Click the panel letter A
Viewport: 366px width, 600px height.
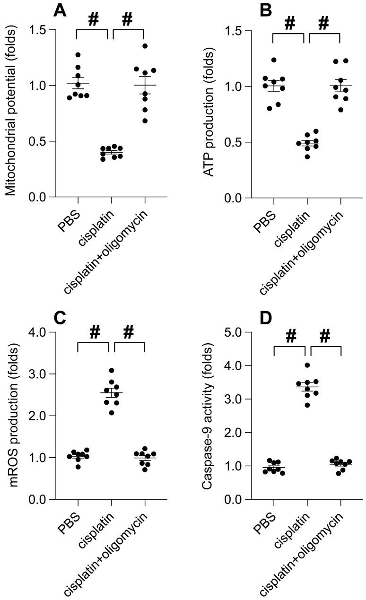59,9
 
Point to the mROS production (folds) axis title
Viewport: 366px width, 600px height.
10,416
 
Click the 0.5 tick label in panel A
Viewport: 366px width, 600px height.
37,141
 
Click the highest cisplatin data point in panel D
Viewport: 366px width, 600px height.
307,365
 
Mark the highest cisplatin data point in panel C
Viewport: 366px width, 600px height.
112,371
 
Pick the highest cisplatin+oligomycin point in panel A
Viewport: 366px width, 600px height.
145,46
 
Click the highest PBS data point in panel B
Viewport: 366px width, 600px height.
273,60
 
